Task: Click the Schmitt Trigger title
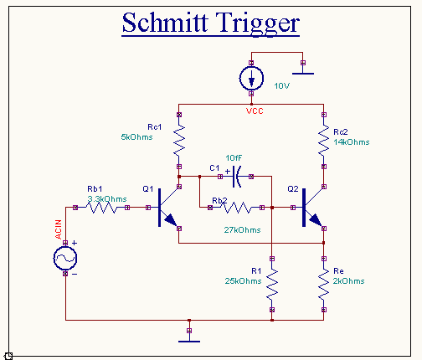pos(211,23)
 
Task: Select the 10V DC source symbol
pos(251,79)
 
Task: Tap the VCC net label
pos(255,111)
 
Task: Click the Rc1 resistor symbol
pos(179,141)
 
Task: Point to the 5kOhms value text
pos(136,137)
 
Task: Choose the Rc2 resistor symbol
pos(324,141)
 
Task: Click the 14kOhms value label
pos(352,142)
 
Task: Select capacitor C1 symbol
pos(236,177)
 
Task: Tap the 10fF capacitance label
pos(234,158)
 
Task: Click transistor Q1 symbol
pos(165,208)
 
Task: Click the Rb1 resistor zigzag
pos(101,208)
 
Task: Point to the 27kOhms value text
pos(242,230)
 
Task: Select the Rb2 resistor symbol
pos(236,208)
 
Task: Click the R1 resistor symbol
pos(272,284)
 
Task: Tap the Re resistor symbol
pos(324,284)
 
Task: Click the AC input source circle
pos(65,259)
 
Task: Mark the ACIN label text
pos(58,229)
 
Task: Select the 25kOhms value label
pos(243,281)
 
